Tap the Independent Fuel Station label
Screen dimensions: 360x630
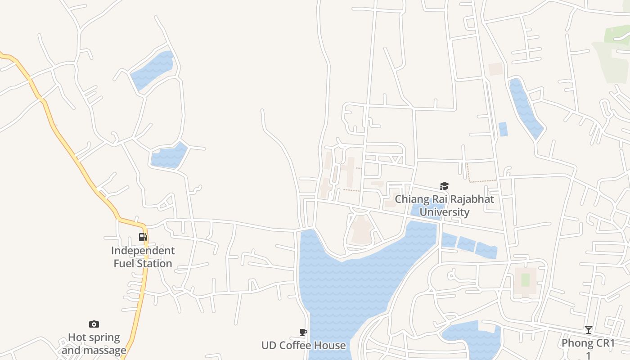(x=143, y=257)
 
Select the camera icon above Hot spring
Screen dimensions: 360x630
(x=94, y=324)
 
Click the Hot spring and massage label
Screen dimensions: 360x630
(x=94, y=344)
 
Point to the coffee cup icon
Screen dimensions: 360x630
(x=303, y=333)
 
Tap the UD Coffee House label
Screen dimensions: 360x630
(x=304, y=346)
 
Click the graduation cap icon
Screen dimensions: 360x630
(x=445, y=186)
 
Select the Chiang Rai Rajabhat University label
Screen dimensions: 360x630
(x=445, y=206)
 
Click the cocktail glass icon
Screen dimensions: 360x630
(x=588, y=330)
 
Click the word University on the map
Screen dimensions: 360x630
(x=445, y=212)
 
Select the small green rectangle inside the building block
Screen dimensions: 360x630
(x=525, y=279)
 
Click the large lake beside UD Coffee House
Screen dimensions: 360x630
(x=342, y=288)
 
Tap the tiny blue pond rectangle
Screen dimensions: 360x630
(x=503, y=129)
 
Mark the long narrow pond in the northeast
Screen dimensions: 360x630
(x=524, y=108)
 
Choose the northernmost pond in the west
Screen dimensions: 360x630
(x=153, y=70)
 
